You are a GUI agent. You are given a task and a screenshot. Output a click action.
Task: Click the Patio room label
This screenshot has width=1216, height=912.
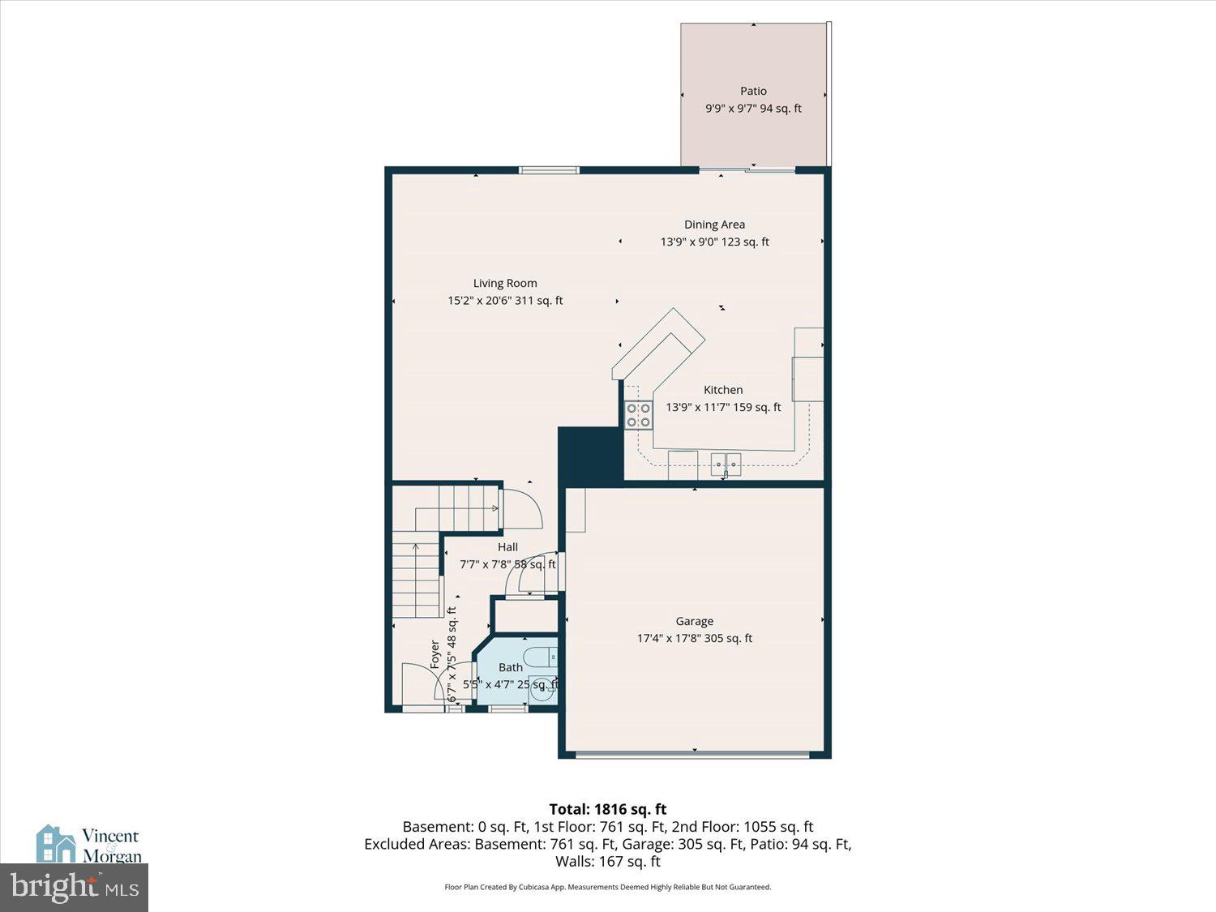tap(753, 91)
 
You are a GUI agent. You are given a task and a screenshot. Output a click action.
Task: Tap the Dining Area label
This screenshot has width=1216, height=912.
tap(714, 225)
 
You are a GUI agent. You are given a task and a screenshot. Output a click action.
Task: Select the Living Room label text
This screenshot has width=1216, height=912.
tap(505, 283)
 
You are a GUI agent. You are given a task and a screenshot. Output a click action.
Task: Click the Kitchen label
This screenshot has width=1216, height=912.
tap(723, 390)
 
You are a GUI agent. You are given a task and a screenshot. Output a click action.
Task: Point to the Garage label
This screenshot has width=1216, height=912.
tap(695, 621)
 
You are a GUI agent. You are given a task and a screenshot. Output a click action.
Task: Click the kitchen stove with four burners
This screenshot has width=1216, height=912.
tap(639, 415)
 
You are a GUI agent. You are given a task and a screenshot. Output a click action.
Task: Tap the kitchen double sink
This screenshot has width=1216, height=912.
tap(727, 465)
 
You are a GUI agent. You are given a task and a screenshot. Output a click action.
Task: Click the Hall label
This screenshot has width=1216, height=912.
tap(507, 547)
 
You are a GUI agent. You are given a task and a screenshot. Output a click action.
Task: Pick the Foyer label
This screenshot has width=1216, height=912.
tap(435, 654)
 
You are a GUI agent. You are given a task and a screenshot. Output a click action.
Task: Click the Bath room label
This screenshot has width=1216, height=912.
tap(511, 667)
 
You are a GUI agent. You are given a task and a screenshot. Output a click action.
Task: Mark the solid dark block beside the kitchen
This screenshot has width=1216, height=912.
tap(590, 456)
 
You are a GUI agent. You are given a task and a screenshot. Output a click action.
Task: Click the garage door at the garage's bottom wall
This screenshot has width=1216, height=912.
tap(693, 755)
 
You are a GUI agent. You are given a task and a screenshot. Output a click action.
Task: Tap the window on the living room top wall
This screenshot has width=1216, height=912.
tap(550, 170)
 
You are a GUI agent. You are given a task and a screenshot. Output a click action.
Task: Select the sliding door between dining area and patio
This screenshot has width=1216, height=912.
tap(747, 169)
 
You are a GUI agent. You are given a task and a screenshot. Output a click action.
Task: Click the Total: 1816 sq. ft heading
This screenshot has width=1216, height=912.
tap(608, 809)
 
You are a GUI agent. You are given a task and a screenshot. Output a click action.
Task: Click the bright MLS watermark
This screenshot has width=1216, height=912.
tap(74, 887)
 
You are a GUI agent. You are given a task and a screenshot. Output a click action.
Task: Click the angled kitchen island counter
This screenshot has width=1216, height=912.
tap(658, 349)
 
